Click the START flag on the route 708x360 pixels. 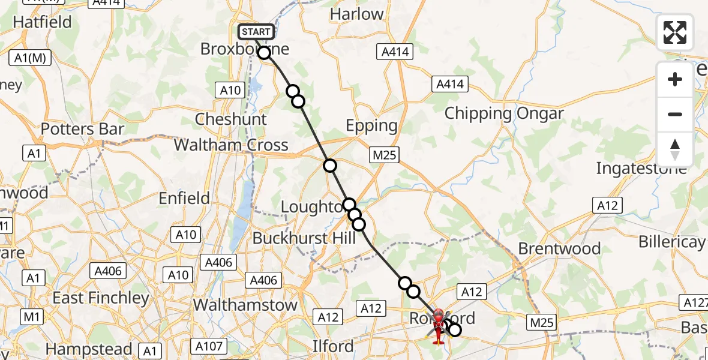(256, 32)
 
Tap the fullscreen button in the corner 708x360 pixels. (675, 32)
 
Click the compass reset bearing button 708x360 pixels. (675, 149)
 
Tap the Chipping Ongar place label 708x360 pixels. (504, 113)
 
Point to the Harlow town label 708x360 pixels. (356, 14)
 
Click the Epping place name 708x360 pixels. (371, 126)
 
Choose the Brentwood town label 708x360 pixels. (559, 248)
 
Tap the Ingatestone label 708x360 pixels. (641, 169)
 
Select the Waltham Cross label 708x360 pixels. (231, 145)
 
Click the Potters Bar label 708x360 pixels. (83, 129)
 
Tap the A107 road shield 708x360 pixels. (209, 346)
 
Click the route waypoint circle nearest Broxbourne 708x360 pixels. (264, 53)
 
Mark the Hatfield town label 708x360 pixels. (42, 22)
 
